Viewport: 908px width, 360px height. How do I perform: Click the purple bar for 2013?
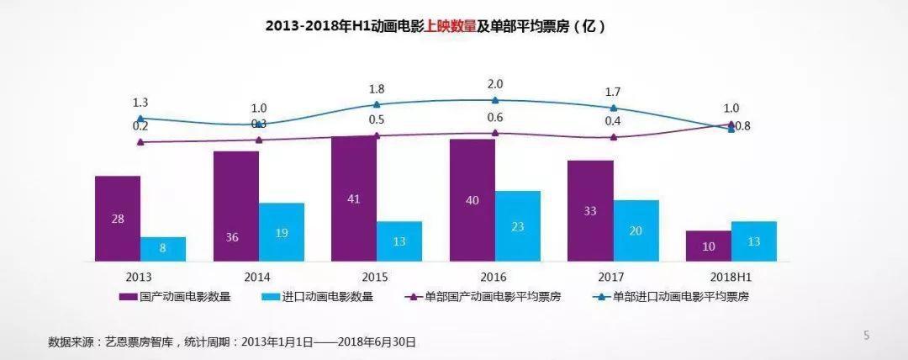(117, 218)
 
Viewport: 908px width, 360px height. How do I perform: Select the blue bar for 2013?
(163, 249)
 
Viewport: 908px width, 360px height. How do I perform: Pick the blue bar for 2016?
(518, 225)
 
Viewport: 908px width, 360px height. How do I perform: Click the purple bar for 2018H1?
(708, 246)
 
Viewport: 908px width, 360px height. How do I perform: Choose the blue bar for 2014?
(282, 231)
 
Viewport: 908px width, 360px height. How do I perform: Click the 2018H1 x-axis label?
(731, 276)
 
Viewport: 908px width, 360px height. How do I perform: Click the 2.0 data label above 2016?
(495, 84)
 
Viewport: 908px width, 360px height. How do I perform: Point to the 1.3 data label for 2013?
(140, 103)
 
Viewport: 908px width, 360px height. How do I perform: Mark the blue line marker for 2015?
(377, 104)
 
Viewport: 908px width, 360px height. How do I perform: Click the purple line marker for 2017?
(613, 136)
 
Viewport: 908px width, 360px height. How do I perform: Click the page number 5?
(867, 336)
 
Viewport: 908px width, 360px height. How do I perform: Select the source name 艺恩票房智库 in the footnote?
(134, 342)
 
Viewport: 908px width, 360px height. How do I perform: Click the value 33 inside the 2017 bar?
(590, 211)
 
